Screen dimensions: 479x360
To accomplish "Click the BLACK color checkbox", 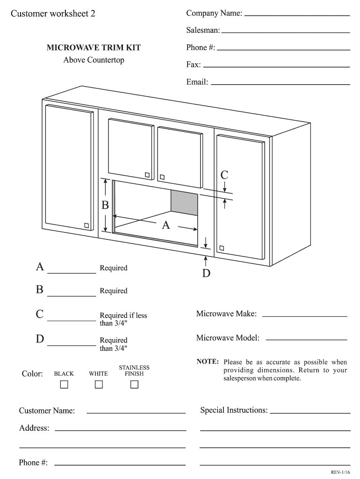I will [x=64, y=385].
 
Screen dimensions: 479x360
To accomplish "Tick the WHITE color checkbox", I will [x=99, y=385].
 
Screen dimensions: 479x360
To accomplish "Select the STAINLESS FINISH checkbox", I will [x=135, y=385].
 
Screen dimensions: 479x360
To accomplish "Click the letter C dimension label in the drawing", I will [x=224, y=175].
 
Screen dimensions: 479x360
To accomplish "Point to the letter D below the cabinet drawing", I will [x=206, y=273].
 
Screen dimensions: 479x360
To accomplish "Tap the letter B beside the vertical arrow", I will [x=106, y=205].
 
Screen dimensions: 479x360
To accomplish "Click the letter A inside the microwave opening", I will [x=166, y=225].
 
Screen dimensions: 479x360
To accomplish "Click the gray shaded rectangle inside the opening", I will [x=184, y=203].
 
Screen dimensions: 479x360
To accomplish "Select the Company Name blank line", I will [x=297, y=15].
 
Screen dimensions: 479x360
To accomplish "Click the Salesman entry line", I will [x=285, y=32].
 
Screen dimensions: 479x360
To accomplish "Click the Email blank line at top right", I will [x=281, y=84].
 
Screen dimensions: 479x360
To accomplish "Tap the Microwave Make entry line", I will [x=305, y=316].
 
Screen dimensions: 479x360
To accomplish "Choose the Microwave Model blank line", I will [x=306, y=340].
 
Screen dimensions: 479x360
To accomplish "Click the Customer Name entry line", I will [x=136, y=413].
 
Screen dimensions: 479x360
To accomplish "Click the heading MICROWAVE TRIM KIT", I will [x=94, y=48].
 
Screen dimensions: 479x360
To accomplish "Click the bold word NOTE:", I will [x=208, y=362].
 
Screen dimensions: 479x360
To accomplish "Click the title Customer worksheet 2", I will [x=53, y=14].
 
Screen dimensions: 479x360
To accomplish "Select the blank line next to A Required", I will [x=72, y=272].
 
